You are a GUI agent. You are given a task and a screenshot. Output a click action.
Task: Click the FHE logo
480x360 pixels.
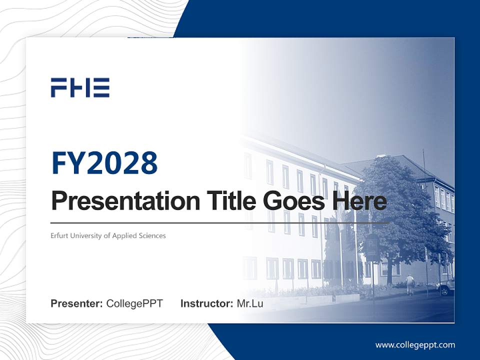click(x=80, y=87)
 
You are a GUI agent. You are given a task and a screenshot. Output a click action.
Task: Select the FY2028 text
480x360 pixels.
click(x=104, y=163)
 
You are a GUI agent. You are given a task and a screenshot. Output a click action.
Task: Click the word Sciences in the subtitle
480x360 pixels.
click(x=152, y=235)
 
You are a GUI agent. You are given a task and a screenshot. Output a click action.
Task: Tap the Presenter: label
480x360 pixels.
click(x=76, y=303)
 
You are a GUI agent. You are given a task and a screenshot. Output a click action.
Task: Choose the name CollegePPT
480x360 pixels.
click(x=134, y=303)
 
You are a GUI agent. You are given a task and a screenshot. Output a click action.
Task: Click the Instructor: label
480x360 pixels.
click(x=206, y=303)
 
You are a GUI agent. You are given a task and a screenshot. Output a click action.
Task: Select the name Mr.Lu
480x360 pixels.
click(x=250, y=303)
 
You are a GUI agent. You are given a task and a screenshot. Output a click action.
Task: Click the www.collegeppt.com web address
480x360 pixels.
click(x=415, y=345)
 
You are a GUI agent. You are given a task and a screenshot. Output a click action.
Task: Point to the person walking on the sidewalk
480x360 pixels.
click(x=410, y=284)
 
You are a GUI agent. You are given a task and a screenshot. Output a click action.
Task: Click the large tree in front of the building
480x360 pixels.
click(x=395, y=210)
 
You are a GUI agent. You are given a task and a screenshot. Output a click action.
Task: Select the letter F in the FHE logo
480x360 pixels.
click(x=59, y=87)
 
